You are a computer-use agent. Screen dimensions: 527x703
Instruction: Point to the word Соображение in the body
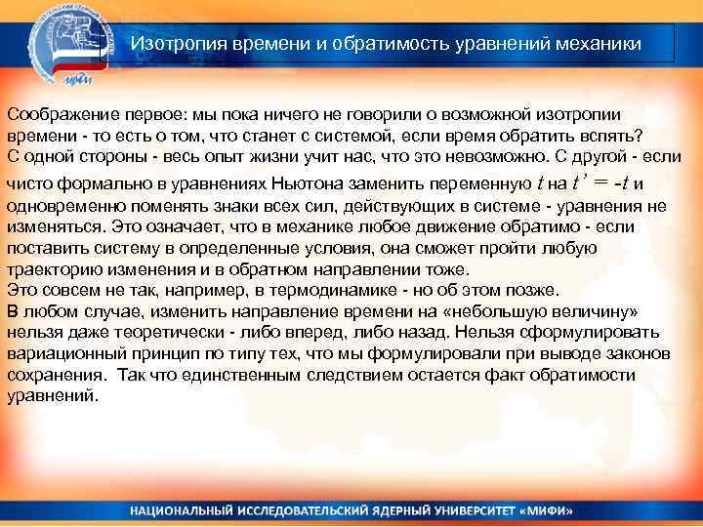57,114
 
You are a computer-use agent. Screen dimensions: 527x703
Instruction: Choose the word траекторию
54,268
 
